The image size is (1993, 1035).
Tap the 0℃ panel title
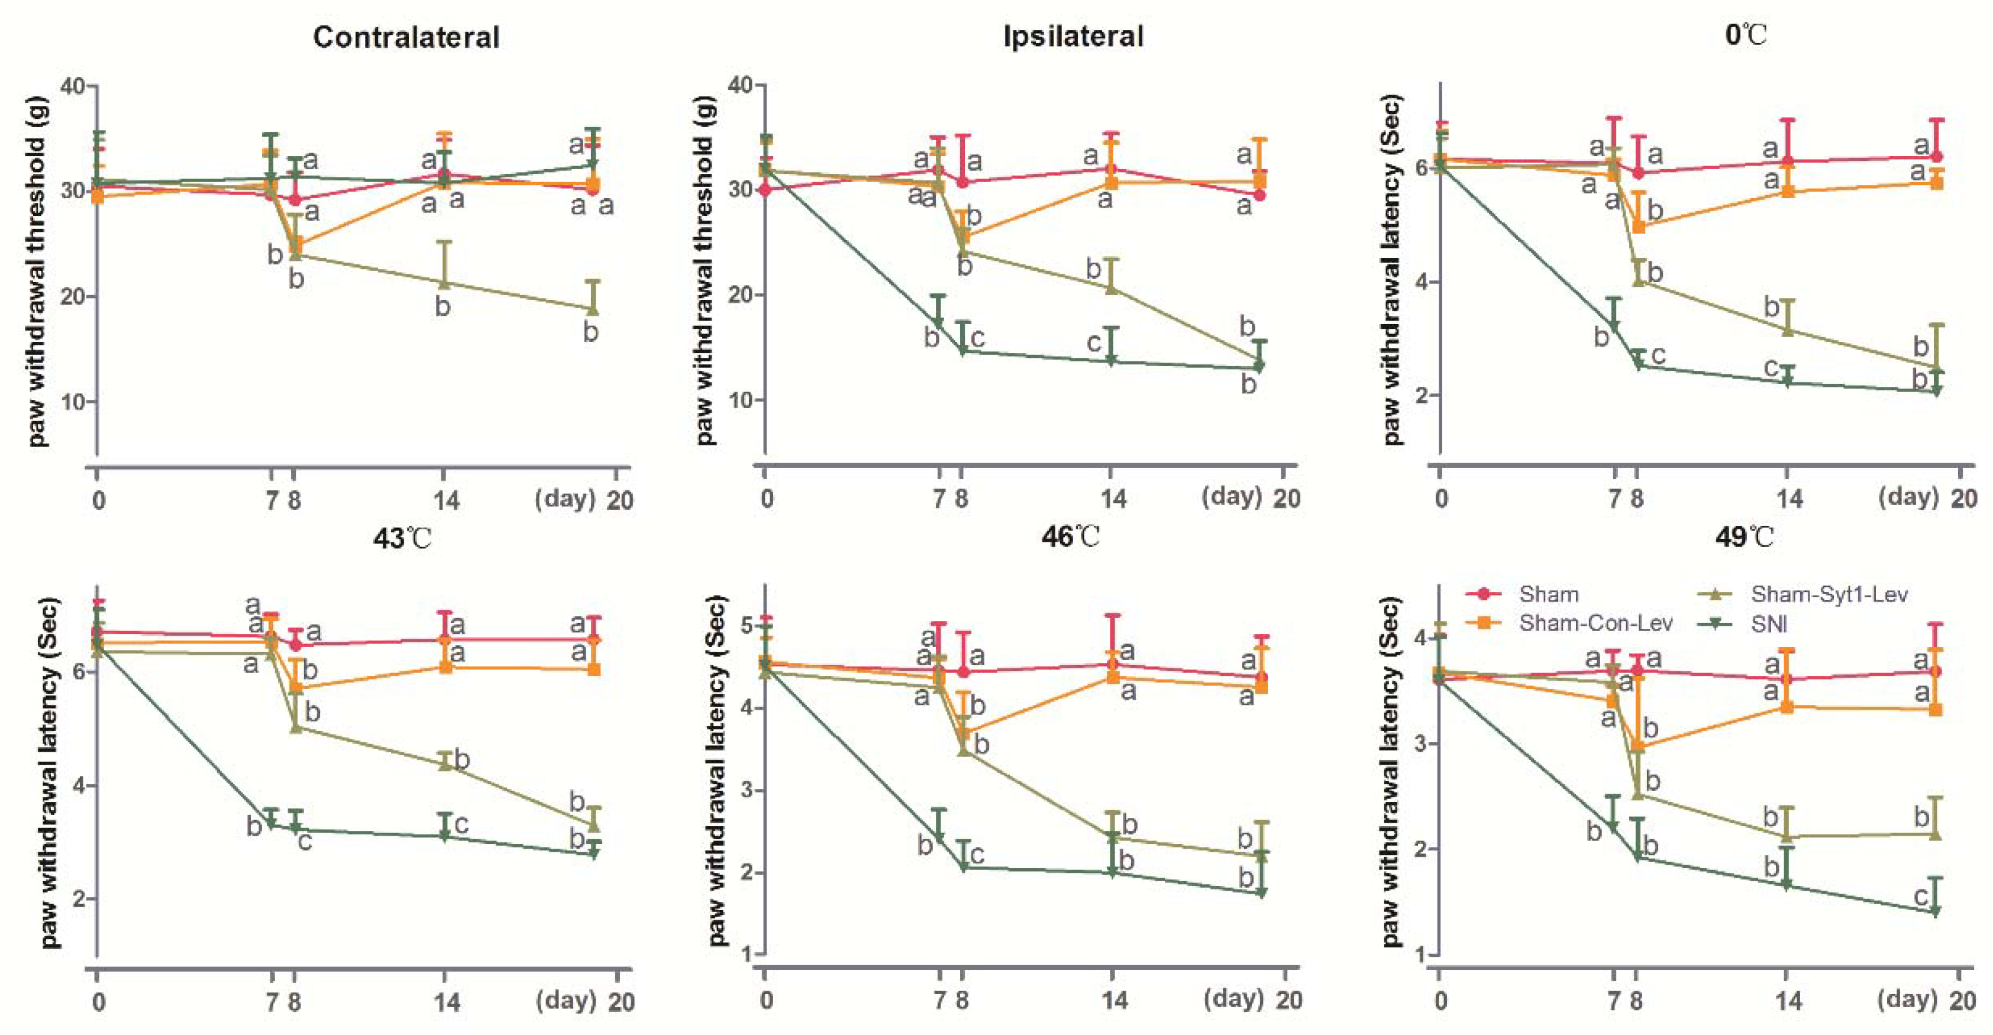point(1745,35)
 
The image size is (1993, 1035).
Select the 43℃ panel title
point(402,538)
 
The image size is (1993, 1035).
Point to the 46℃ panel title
point(1070,536)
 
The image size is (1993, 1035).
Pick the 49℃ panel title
point(1744,536)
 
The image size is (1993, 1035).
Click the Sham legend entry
point(1548,594)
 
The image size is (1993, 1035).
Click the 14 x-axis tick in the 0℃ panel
point(1788,499)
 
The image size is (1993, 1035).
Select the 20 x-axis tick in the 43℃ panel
point(621,1002)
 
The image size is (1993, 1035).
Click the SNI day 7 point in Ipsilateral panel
point(938,324)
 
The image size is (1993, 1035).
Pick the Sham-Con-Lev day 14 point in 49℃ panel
point(1787,707)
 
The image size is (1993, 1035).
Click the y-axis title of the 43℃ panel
point(50,772)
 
